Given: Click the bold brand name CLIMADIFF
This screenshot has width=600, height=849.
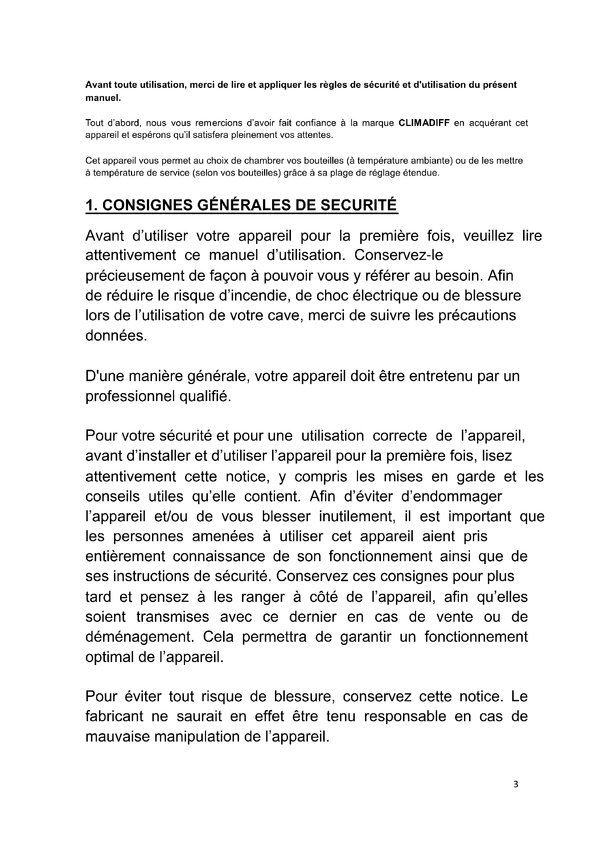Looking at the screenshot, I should coord(424,123).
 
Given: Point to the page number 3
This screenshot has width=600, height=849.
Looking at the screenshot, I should coord(516,795).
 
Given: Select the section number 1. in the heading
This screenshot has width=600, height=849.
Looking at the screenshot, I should coord(91,205).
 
